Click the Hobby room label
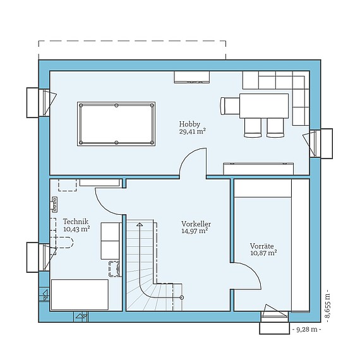(x=189, y=124)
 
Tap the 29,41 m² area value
(x=192, y=131)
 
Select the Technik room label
(x=76, y=222)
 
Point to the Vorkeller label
(x=196, y=224)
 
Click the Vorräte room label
(x=261, y=246)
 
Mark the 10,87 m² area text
(x=263, y=253)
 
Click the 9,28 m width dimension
(x=307, y=330)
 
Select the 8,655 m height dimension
(x=327, y=304)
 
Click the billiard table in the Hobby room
(x=116, y=124)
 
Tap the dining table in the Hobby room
(x=264, y=106)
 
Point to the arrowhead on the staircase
(x=140, y=224)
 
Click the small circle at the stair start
(x=182, y=297)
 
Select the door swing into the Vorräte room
(x=252, y=270)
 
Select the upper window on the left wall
(x=41, y=102)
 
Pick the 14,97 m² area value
(x=195, y=231)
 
